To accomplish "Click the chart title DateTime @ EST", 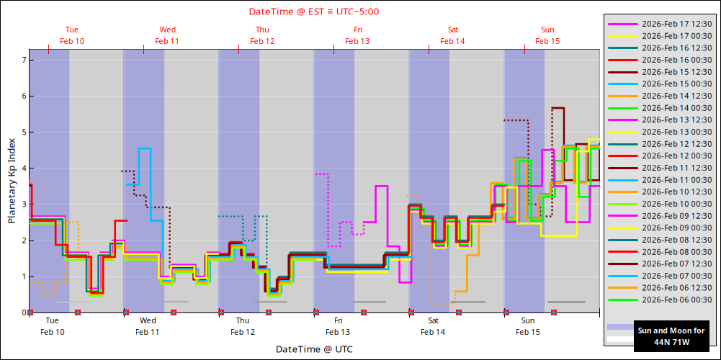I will click(x=314, y=12).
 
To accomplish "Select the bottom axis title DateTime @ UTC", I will click(x=314, y=349).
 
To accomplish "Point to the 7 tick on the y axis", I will click(x=24, y=60).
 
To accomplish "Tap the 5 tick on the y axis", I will click(x=24, y=132).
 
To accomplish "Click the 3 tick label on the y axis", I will click(x=24, y=204).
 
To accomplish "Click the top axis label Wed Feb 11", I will click(x=167, y=35).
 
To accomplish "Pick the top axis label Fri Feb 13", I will click(x=357, y=35).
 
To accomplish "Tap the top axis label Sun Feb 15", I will click(x=547, y=35).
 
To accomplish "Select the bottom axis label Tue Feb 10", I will click(x=52, y=326).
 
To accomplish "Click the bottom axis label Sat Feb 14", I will click(x=433, y=326).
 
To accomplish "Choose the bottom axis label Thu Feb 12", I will click(x=243, y=326).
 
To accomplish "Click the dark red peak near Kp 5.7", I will click(x=557, y=108).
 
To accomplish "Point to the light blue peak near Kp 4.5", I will click(x=145, y=148).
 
